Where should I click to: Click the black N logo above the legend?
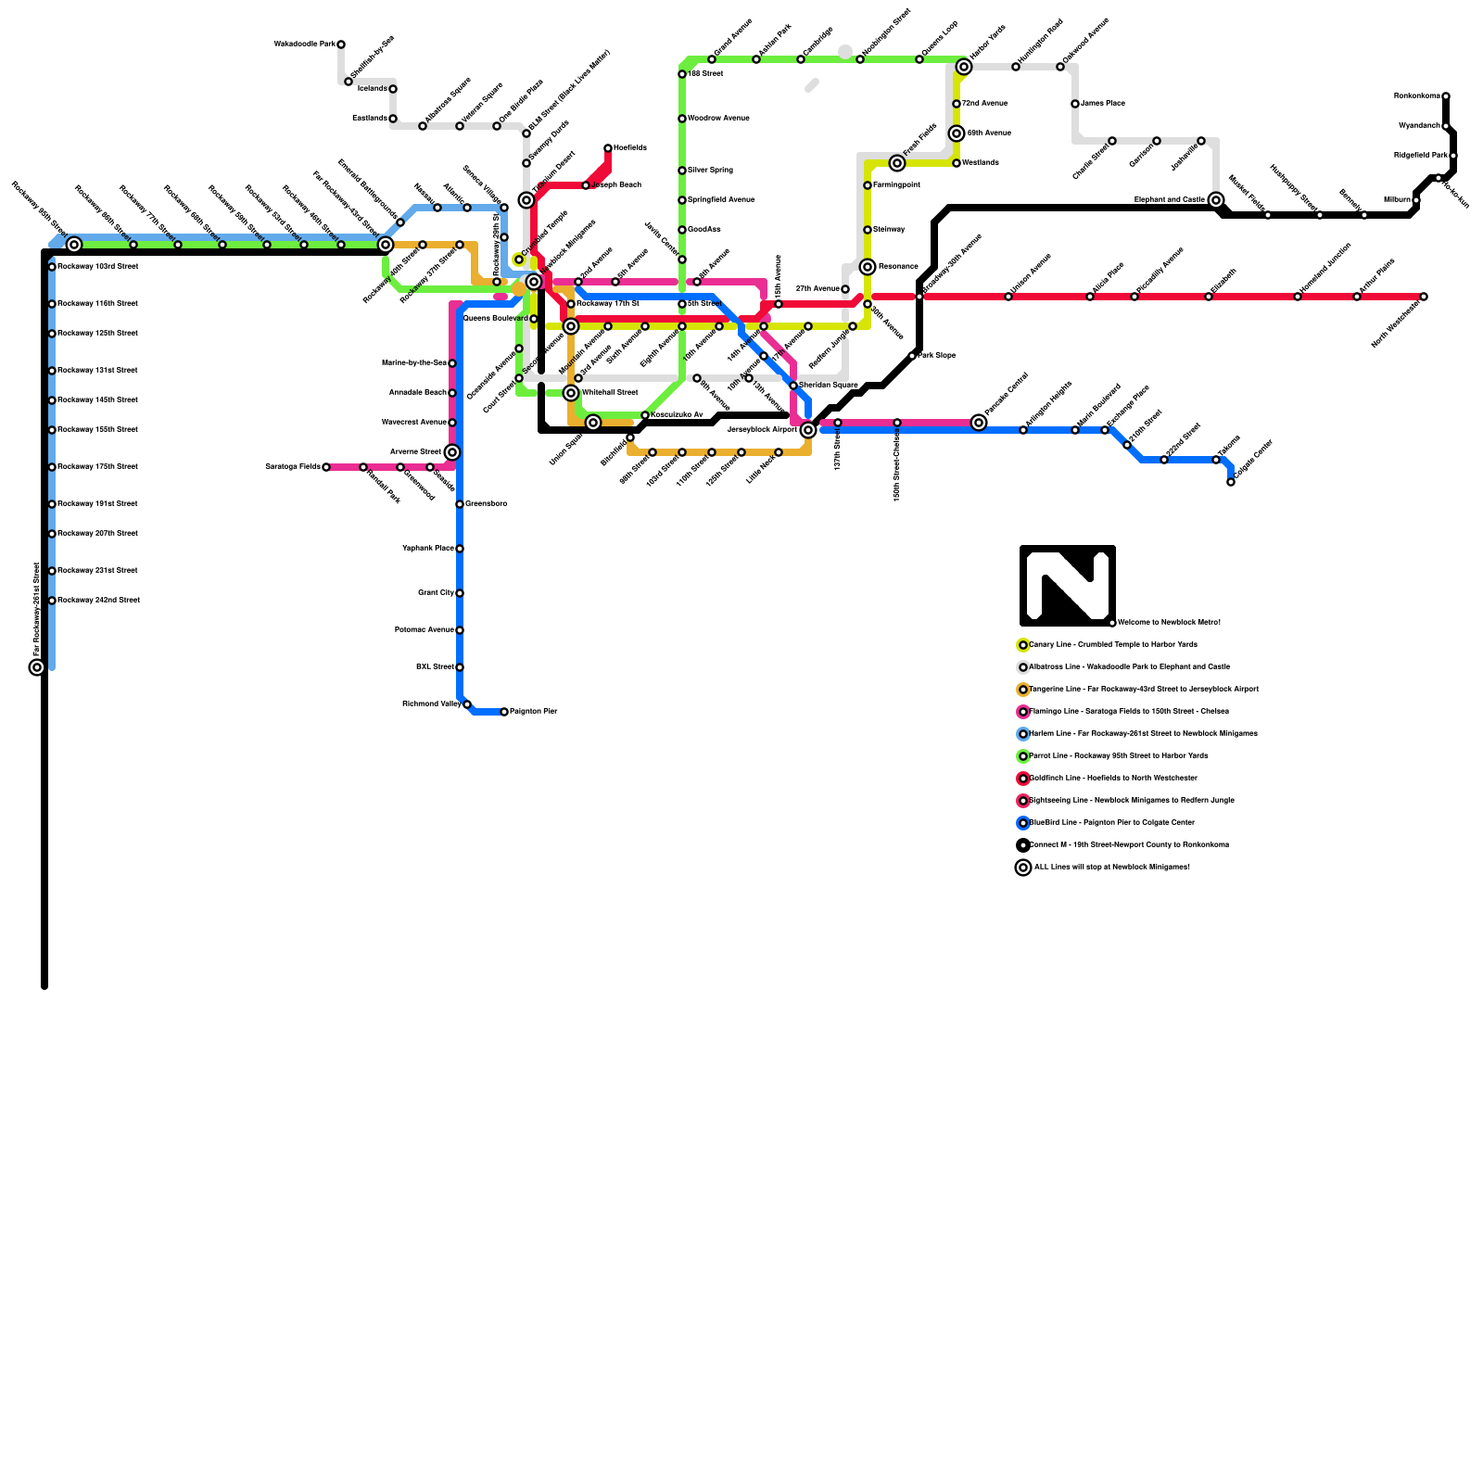(1067, 586)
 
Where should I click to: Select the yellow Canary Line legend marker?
(1023, 645)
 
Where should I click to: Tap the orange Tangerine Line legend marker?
(1023, 690)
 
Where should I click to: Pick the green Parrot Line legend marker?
(1023, 756)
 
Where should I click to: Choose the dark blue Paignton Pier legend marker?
(1023, 823)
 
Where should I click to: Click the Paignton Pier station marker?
(504, 712)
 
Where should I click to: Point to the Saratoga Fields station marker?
(326, 467)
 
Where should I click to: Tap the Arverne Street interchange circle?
(452, 452)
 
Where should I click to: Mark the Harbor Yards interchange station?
(964, 67)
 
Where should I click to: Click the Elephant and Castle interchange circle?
(1216, 200)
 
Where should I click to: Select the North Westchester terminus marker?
(1424, 297)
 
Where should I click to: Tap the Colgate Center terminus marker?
(1231, 482)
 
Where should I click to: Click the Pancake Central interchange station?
(979, 423)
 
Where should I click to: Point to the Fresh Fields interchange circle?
(897, 163)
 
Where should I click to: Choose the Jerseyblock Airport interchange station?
(808, 430)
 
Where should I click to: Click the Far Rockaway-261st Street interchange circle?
(37, 667)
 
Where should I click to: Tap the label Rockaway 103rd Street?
(97, 267)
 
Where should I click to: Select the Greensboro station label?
(486, 504)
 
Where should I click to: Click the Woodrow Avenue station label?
(718, 119)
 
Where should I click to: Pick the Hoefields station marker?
(608, 148)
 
